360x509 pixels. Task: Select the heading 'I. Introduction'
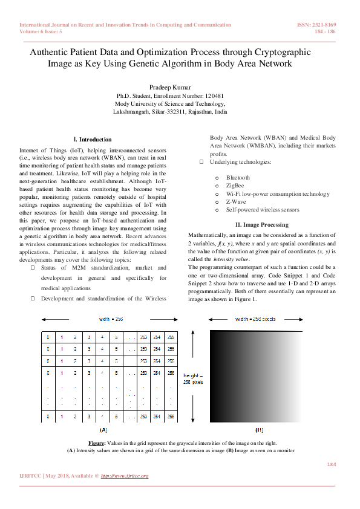tap(92, 139)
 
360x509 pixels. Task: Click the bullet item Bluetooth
tap(237, 178)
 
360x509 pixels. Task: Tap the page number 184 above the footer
tap(331, 464)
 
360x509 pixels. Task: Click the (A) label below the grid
tap(102, 430)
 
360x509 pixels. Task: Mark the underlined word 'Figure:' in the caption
tap(97, 444)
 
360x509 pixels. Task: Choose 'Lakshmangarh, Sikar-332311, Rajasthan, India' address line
tap(170, 112)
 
